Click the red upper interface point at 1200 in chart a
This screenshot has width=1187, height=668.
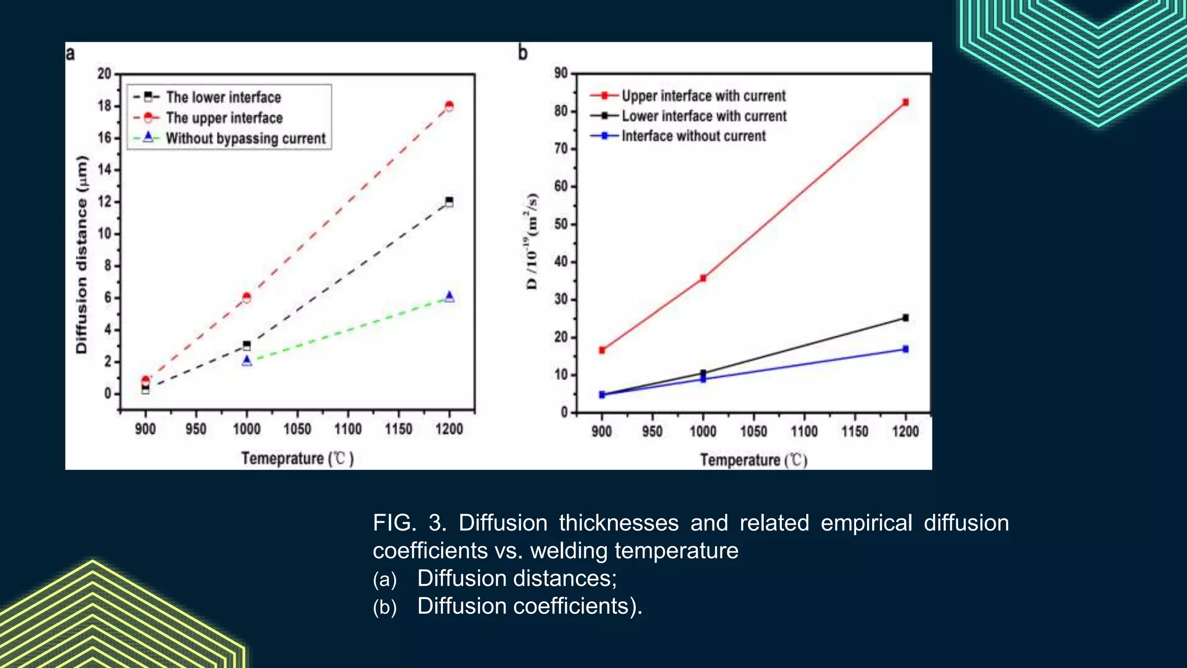coord(449,106)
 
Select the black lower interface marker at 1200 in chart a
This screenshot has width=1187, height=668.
coord(449,202)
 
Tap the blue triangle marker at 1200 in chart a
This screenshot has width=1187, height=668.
coord(449,296)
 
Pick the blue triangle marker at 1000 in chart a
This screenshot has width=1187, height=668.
coord(247,361)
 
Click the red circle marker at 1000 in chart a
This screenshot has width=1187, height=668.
coord(246,297)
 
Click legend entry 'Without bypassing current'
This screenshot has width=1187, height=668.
coord(246,139)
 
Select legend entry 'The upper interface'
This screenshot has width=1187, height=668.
coord(224,118)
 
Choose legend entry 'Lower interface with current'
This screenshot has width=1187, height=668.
coord(704,116)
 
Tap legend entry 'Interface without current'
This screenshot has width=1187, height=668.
coord(693,136)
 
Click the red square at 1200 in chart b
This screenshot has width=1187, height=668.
coord(906,102)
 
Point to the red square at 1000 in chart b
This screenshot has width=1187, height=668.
coord(703,278)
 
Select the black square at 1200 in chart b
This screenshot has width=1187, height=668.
coord(905,318)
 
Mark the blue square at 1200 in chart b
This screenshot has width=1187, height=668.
coord(905,349)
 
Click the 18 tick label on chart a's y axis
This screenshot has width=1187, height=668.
coord(104,106)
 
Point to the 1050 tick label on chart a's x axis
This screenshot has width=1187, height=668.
coord(297,429)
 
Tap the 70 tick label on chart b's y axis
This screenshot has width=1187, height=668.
coord(560,148)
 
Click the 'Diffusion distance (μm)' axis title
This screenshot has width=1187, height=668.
coord(82,255)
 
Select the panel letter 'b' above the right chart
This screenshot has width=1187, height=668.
coord(523,53)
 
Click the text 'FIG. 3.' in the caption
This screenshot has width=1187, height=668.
coord(409,523)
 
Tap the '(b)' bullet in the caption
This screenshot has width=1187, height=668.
coord(385,607)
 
